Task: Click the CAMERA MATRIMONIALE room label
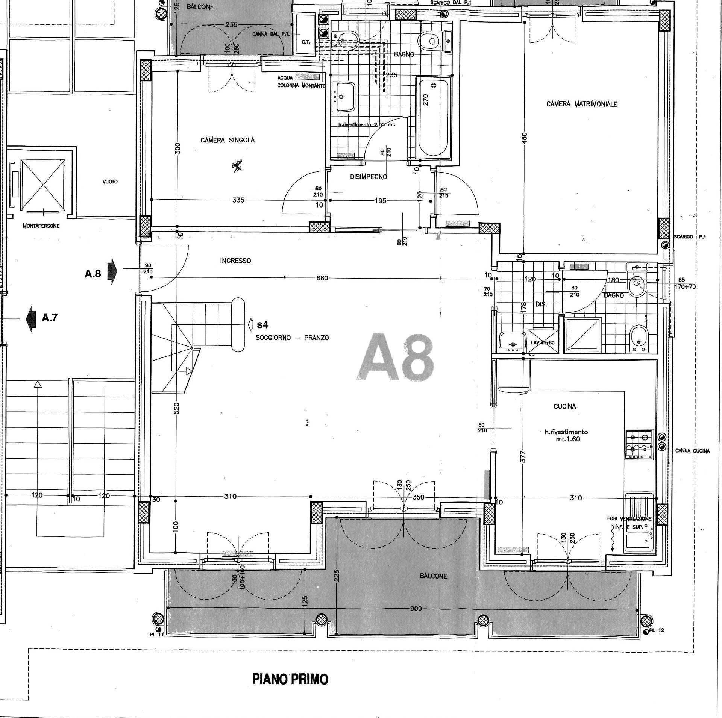(x=582, y=104)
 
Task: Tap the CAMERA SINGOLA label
(x=228, y=140)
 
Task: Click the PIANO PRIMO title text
(x=290, y=679)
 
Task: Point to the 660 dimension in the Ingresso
(x=322, y=278)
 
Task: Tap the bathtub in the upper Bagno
(x=433, y=117)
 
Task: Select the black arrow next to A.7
(x=30, y=318)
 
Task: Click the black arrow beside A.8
(x=112, y=271)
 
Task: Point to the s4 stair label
(x=263, y=324)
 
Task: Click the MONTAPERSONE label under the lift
(x=41, y=226)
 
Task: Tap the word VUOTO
(x=110, y=182)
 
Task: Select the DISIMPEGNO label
(x=368, y=177)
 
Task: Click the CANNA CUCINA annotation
(x=692, y=451)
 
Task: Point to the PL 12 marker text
(x=658, y=630)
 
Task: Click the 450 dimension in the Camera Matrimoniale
(x=525, y=137)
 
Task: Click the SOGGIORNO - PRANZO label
(x=292, y=338)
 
